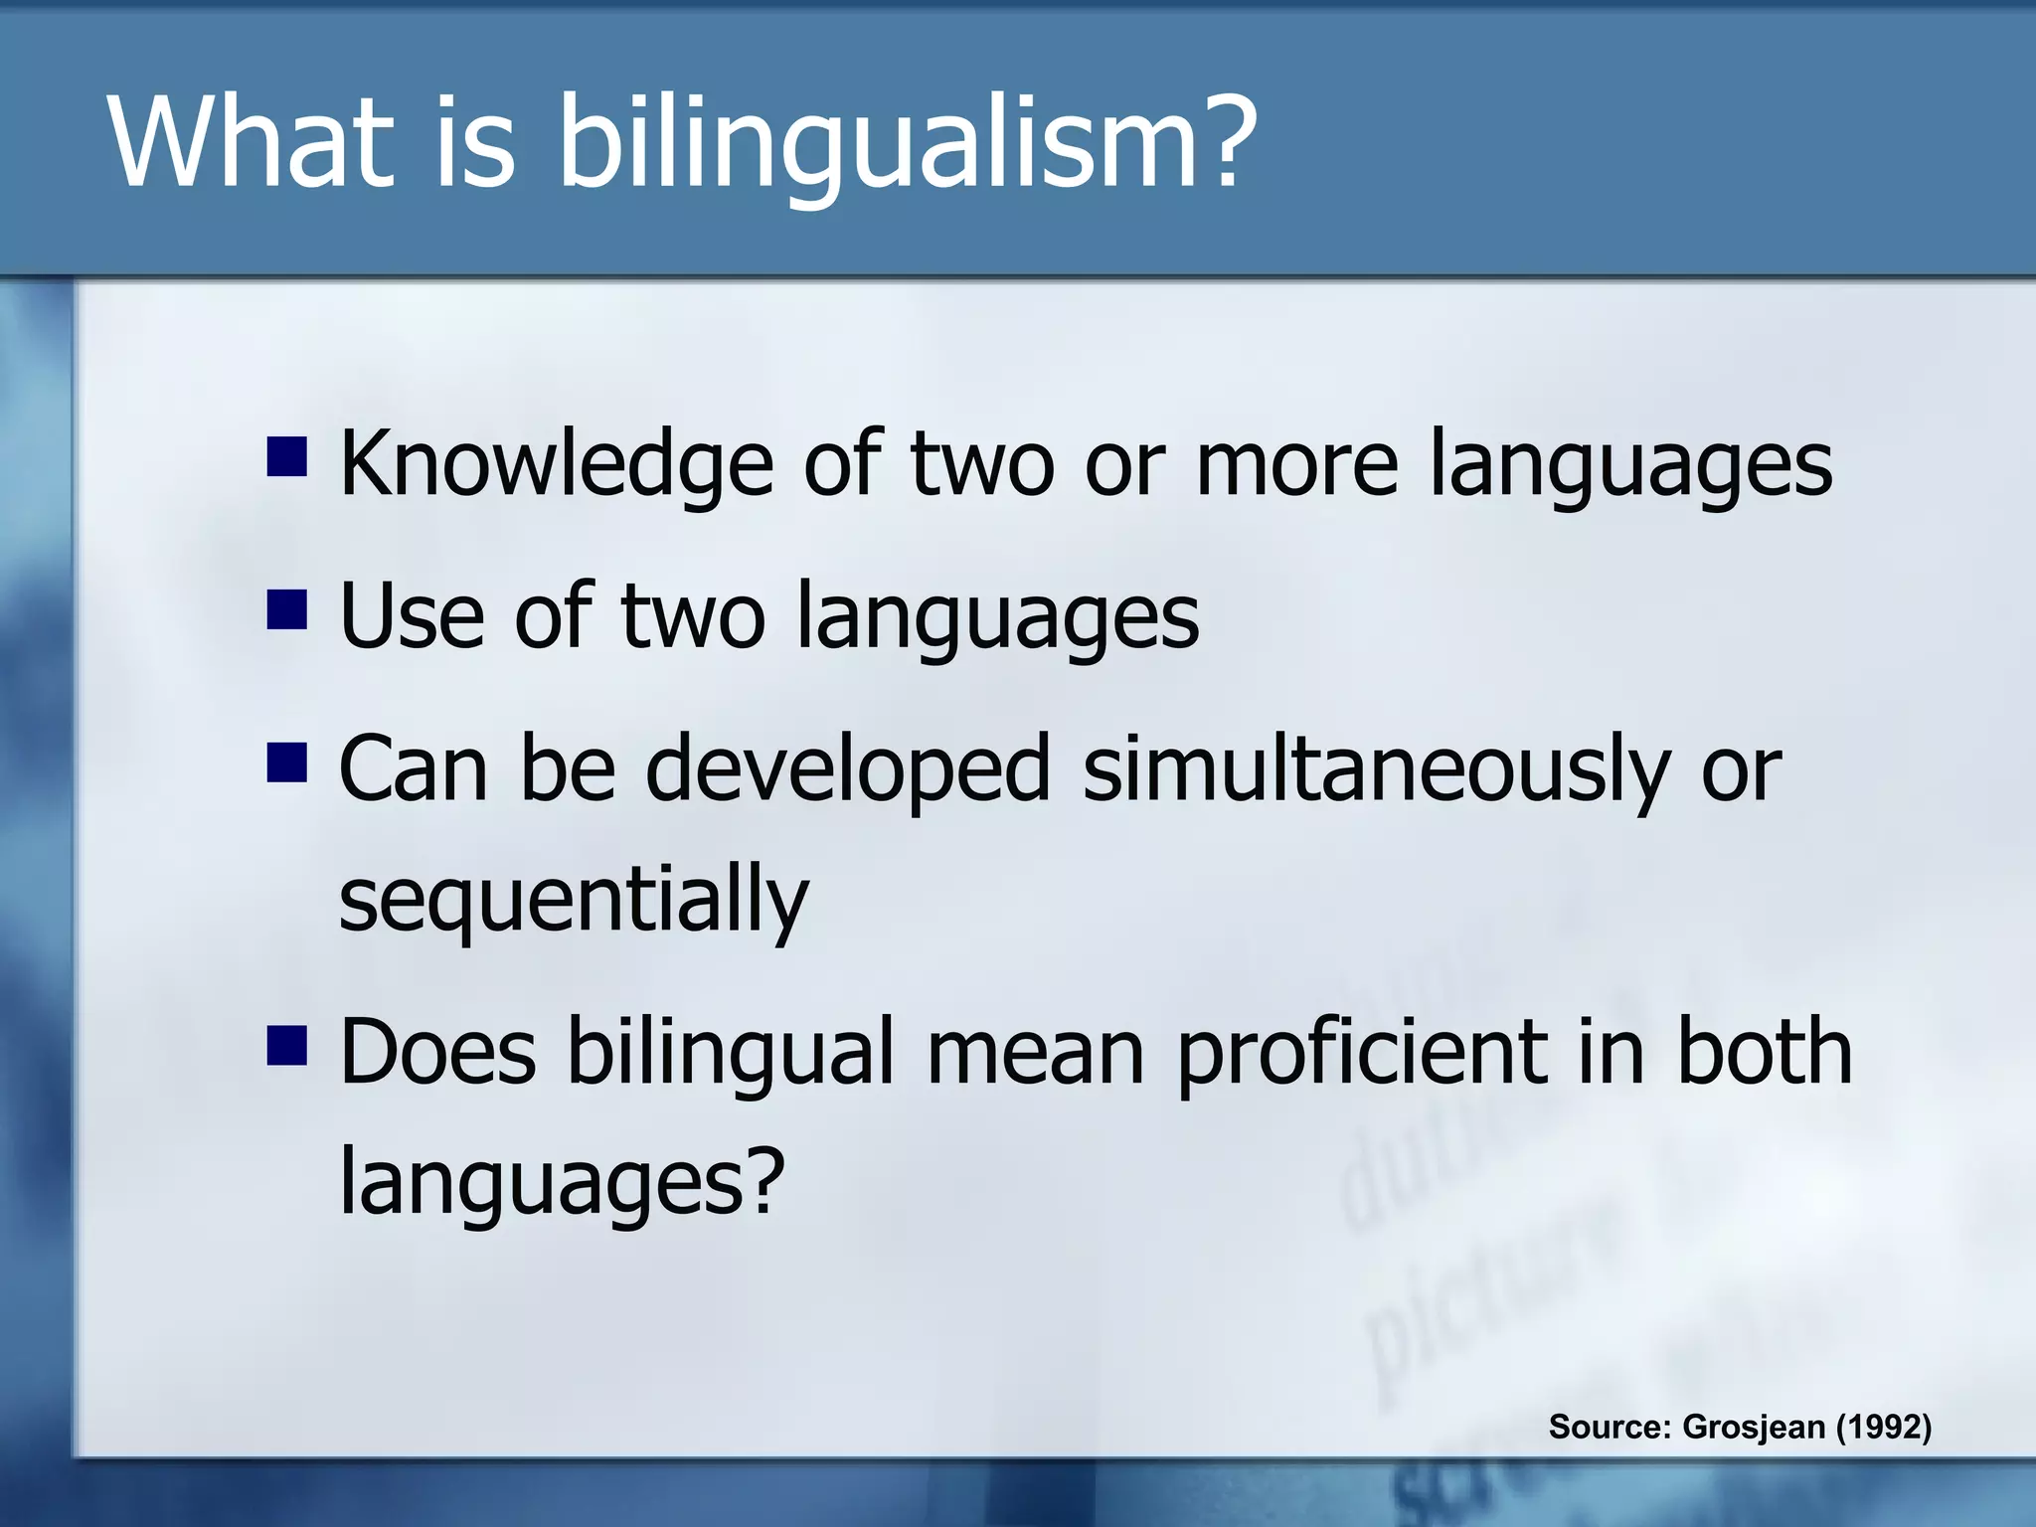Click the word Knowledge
[556, 465]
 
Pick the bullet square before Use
[286, 610]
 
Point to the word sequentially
[574, 900]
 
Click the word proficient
[1361, 1054]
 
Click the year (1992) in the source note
[1883, 1427]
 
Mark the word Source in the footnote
[1609, 1427]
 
